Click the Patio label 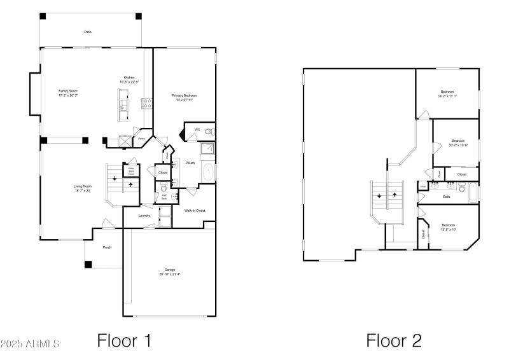pyautogui.click(x=87, y=31)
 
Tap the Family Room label pyautogui.click(x=68, y=91)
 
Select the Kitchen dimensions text pyautogui.click(x=129, y=81)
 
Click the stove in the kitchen pyautogui.click(x=146, y=102)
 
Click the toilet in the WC pyautogui.click(x=209, y=132)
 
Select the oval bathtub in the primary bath pyautogui.click(x=208, y=172)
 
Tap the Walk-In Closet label pyautogui.click(x=195, y=211)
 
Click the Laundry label pyautogui.click(x=144, y=216)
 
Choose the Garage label pyautogui.click(x=170, y=270)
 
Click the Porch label pyautogui.click(x=108, y=247)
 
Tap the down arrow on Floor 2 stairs pyautogui.click(x=379, y=196)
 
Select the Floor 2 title pyautogui.click(x=394, y=340)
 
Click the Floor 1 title pyautogui.click(x=124, y=340)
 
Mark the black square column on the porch pyautogui.click(x=88, y=264)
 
